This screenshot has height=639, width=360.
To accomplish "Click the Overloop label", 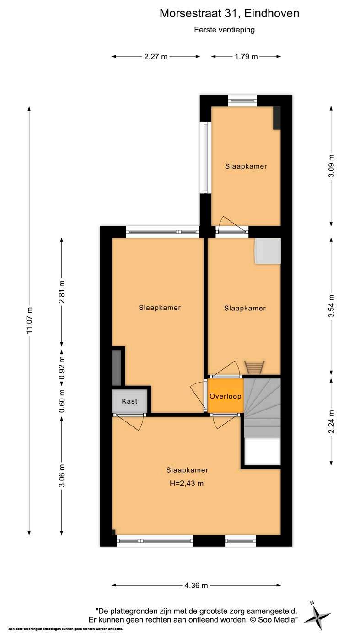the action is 225,396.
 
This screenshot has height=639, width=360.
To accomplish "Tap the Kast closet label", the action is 129,401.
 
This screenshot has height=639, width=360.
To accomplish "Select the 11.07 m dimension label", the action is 30,320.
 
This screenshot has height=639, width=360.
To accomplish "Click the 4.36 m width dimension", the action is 196,586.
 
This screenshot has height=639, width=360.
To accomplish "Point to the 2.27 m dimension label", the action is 156,57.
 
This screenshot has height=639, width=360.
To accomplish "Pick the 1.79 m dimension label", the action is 246,57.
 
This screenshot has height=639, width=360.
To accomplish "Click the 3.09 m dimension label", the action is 331,166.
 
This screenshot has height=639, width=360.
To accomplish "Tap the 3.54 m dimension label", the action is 331,306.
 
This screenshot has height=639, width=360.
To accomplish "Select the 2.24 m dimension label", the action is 331,421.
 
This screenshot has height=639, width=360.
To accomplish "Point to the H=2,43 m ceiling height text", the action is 187,483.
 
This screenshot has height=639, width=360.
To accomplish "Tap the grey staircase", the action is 262,407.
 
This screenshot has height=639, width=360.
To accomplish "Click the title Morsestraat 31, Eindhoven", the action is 229,13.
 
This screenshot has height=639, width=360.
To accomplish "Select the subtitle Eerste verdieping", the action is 225,30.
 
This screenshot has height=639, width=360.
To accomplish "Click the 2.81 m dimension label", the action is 62,292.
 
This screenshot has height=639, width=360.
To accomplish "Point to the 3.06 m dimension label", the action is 62,475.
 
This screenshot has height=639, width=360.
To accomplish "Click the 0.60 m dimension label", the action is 62,401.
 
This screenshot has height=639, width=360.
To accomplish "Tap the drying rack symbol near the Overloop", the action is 254,367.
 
